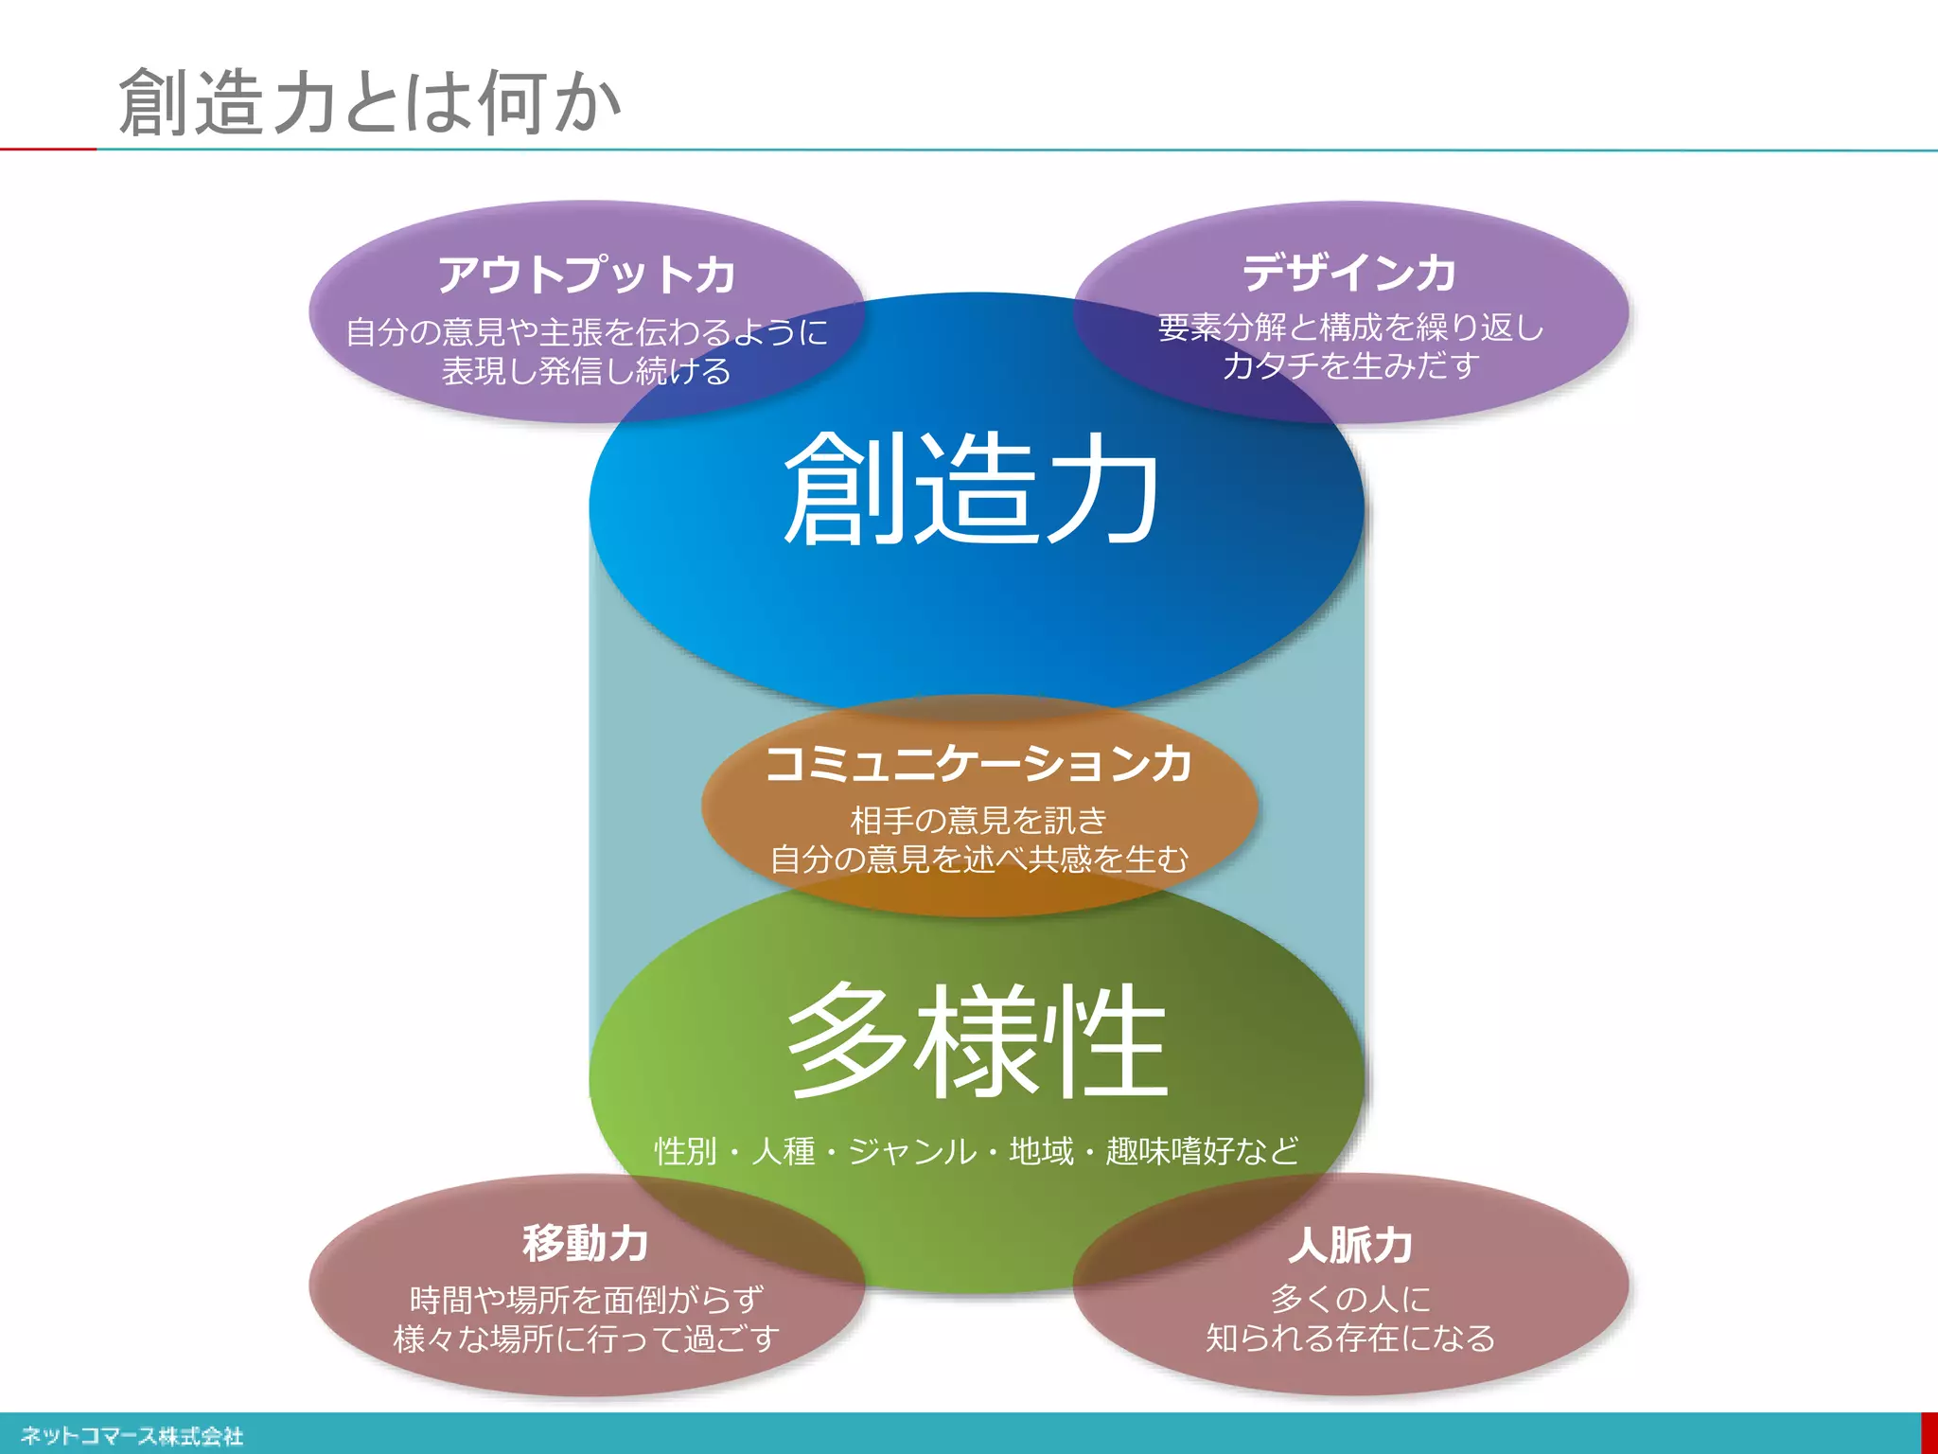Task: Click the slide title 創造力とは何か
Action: click(369, 102)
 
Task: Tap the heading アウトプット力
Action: click(587, 275)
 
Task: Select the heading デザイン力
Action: click(1349, 273)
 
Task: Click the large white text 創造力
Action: click(973, 489)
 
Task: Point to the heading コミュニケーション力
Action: click(978, 763)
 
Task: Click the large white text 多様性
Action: click(978, 1041)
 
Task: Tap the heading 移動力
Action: click(586, 1243)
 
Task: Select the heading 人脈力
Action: click(1350, 1245)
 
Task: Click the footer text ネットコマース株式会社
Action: click(132, 1436)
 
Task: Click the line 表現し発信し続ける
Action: click(587, 371)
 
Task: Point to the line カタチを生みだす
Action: click(1350, 365)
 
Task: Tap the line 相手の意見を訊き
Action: click(978, 819)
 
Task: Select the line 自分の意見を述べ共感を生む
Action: click(978, 859)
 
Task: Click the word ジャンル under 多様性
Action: click(912, 1151)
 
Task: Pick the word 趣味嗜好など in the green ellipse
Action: click(1202, 1151)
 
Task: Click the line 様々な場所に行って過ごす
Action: click(587, 1339)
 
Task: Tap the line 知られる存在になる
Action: click(1350, 1339)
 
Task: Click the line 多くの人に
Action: click(1350, 1299)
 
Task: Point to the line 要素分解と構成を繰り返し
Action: click(1350, 328)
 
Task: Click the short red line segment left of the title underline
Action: click(47, 149)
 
